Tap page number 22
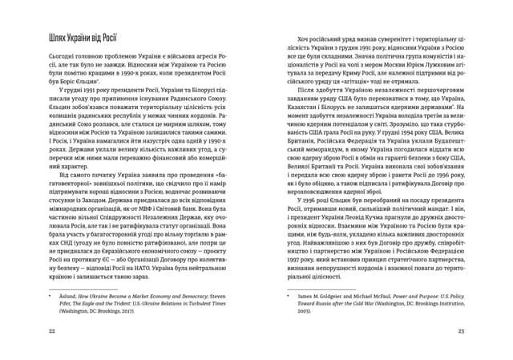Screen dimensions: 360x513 [x=52, y=331]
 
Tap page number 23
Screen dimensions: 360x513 [x=461, y=331]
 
